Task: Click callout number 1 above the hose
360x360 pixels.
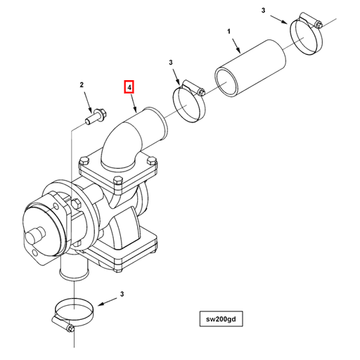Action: tap(228, 32)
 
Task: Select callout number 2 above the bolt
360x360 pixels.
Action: tap(82, 85)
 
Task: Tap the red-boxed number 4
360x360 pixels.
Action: tap(129, 87)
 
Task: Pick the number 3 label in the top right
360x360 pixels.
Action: tap(263, 11)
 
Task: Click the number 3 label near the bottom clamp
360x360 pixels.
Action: tap(122, 293)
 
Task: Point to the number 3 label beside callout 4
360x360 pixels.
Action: tap(170, 63)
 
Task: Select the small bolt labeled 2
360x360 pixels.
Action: tap(94, 116)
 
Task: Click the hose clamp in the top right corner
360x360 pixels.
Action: tap(308, 35)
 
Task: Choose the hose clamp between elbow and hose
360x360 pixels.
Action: tap(188, 103)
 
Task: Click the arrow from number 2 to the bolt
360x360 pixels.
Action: tap(86, 99)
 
